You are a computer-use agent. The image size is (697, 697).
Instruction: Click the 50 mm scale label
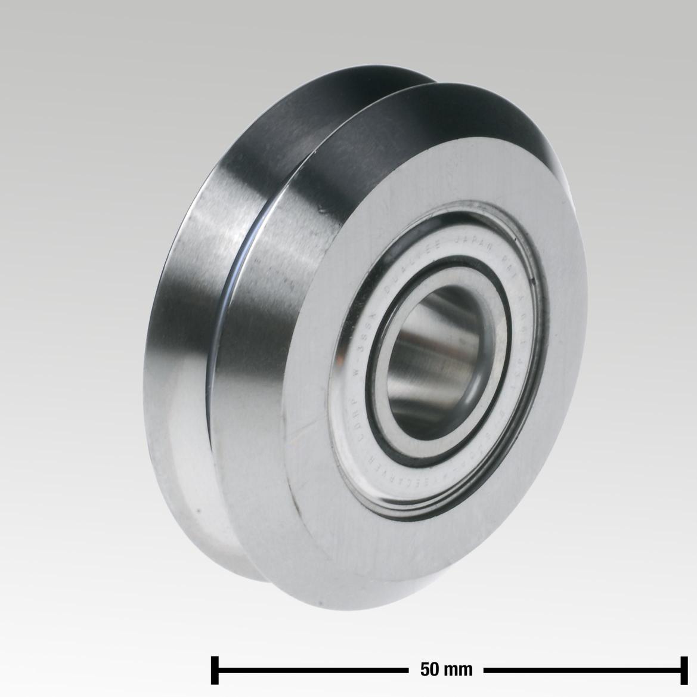(x=447, y=670)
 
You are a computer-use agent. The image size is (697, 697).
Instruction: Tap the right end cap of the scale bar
(x=680, y=670)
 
